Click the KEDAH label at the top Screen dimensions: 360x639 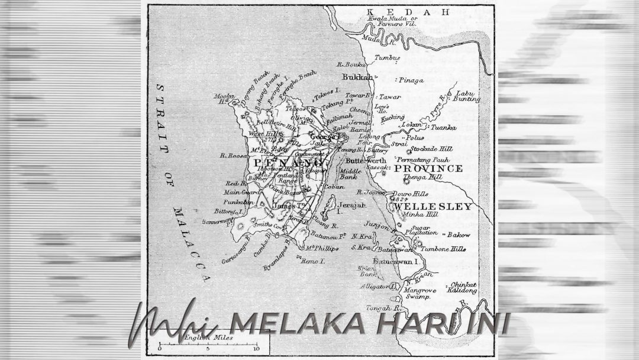coord(408,12)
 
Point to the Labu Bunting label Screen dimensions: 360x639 coord(464,96)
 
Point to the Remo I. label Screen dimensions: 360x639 coord(314,261)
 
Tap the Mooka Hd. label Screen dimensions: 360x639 coord(222,98)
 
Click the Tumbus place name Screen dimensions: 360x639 coord(386,58)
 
